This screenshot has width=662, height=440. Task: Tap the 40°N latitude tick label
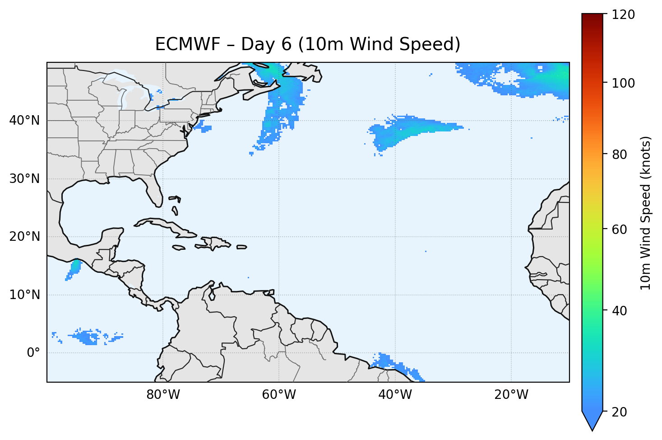24,121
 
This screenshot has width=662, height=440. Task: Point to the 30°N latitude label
24,179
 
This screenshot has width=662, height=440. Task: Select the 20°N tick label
24,237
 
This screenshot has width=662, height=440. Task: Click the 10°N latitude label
24,295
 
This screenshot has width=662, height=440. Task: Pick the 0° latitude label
33,353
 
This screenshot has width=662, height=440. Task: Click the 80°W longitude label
163,395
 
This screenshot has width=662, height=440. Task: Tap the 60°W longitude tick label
279,395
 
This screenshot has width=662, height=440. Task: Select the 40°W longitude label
395,395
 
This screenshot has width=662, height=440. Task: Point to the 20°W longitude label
511,395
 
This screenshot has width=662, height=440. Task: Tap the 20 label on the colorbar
620,412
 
